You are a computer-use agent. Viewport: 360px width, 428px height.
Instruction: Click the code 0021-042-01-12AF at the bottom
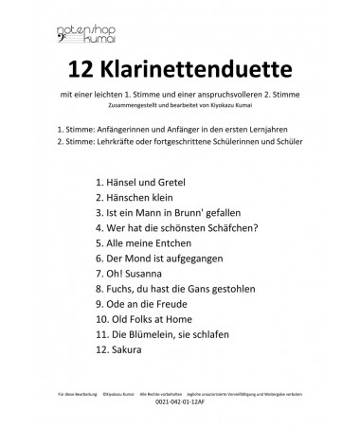[180, 409]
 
